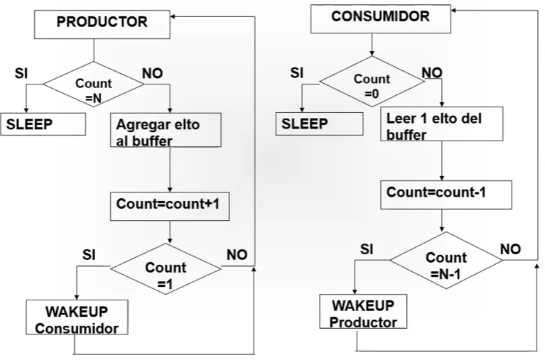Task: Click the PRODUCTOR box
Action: coord(102,24)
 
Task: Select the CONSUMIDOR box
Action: coord(381,18)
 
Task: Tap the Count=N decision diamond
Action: coord(94,84)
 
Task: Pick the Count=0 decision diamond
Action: coord(372,82)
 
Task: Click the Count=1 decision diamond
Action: coord(166,268)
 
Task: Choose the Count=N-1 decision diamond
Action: coord(446,260)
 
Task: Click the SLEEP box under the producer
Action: coord(43,124)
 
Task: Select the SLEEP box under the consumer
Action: coord(320,124)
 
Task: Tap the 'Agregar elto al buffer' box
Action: coord(166,130)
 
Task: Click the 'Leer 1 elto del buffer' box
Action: coord(442,124)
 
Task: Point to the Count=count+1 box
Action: coord(170,206)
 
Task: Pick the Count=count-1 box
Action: coord(446,195)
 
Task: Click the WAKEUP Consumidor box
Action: coord(77,317)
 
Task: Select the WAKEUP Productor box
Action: coord(363,311)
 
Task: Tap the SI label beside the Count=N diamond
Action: coord(21,73)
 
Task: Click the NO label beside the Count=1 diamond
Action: coord(237,255)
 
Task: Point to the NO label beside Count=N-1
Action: coord(510,249)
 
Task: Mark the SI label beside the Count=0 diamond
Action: coord(297,73)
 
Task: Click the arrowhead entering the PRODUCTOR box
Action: coord(173,16)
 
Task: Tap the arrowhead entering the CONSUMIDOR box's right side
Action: coord(454,11)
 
